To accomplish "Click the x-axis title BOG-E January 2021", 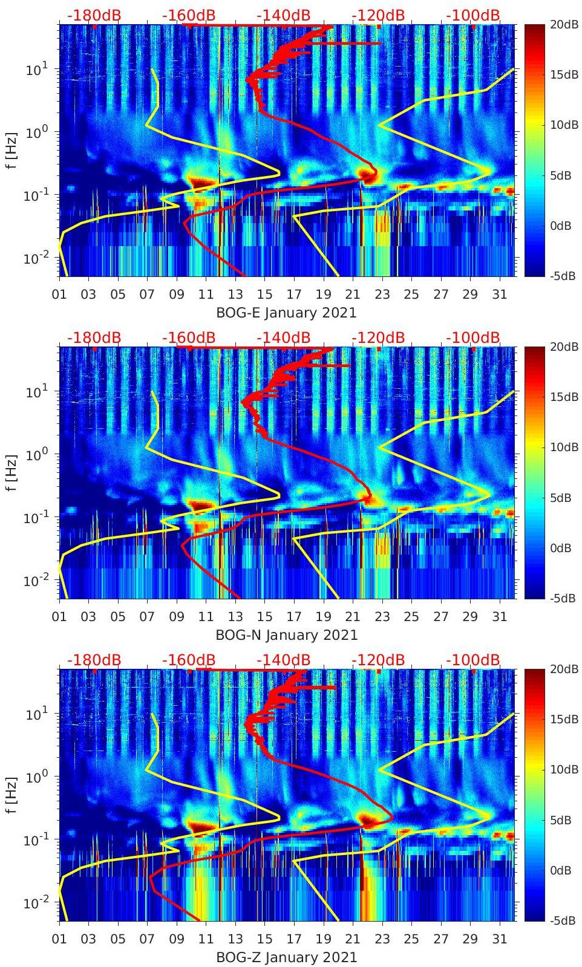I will coord(286,313).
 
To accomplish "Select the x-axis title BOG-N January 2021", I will coord(286,635).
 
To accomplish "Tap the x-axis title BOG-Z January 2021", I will coord(286,957).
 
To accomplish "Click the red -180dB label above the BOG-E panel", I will coord(94,15).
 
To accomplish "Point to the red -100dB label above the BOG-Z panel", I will coord(472,660).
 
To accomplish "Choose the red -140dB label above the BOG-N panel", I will coord(283,337).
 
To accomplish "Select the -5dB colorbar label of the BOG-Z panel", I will coord(563,920).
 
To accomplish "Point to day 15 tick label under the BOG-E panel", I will coord(264,295).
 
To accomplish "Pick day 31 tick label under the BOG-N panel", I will coord(499,617).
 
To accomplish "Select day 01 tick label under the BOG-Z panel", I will coord(59,939).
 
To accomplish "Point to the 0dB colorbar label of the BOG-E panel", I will coord(564,226).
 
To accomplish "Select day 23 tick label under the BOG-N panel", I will coord(382,617).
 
